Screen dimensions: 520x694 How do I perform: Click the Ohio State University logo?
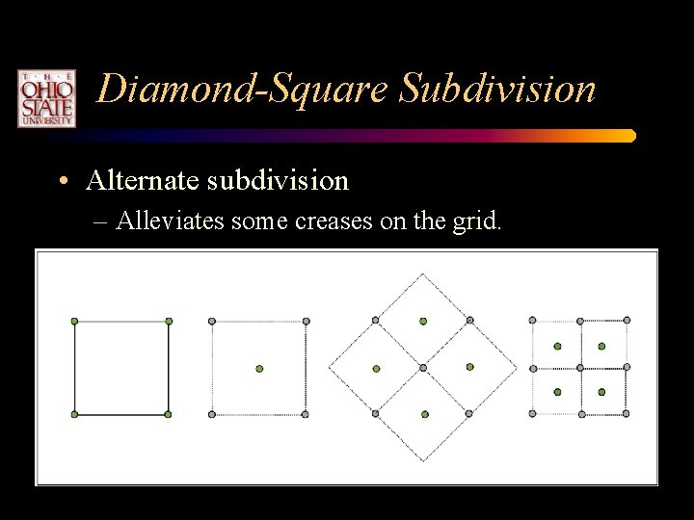pyautogui.click(x=45, y=98)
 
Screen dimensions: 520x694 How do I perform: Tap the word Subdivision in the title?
pyautogui.click(x=498, y=90)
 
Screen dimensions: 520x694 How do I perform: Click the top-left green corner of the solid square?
pyautogui.click(x=75, y=321)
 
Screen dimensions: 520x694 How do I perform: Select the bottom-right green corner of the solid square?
pyautogui.click(x=168, y=414)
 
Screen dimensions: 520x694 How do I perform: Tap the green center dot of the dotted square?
pyautogui.click(x=258, y=368)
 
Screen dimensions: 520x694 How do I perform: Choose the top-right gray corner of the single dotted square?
pyautogui.click(x=306, y=321)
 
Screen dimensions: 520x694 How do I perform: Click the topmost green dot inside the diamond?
pyautogui.click(x=423, y=321)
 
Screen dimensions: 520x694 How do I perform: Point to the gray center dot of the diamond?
pyautogui.click(x=423, y=368)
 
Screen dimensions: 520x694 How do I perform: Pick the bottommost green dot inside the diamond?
pyautogui.click(x=424, y=414)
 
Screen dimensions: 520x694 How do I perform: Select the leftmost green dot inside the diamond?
pyautogui.click(x=377, y=368)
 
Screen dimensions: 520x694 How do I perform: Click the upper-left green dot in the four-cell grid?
pyautogui.click(x=557, y=345)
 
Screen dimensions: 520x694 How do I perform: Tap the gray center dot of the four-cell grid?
pyautogui.click(x=579, y=367)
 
